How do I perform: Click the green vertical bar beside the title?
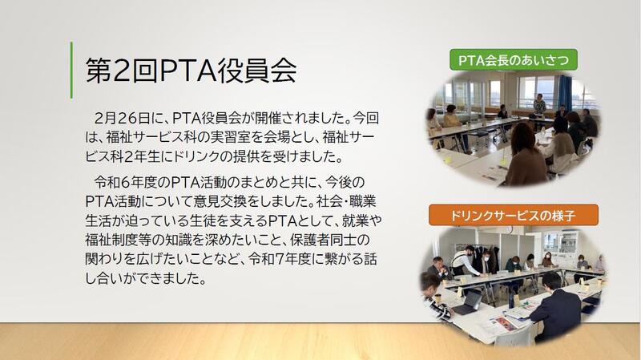click(x=71, y=70)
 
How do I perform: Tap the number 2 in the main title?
click(x=121, y=71)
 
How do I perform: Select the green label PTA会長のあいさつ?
click(x=514, y=60)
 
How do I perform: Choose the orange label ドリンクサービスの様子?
click(x=514, y=215)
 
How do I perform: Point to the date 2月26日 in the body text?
click(x=122, y=118)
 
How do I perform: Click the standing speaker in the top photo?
click(x=539, y=107)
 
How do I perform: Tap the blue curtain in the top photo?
click(x=565, y=93)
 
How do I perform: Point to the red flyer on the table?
click(x=504, y=325)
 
